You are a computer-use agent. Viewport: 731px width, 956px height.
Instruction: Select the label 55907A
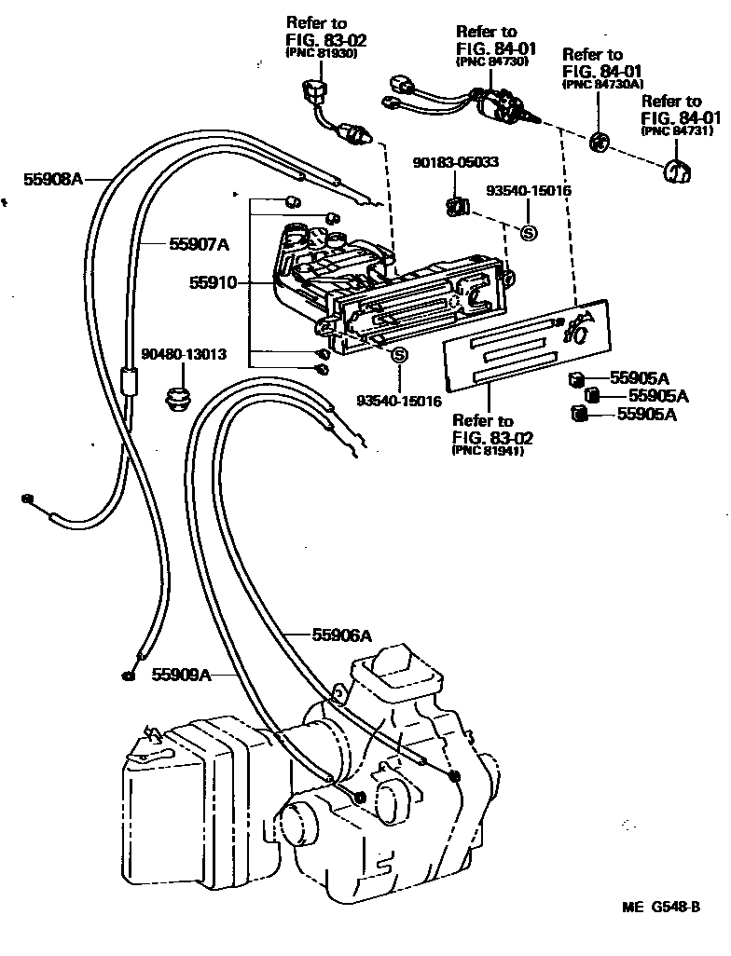pyautogui.click(x=199, y=244)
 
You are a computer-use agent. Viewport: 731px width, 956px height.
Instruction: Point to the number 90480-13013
pyautogui.click(x=185, y=354)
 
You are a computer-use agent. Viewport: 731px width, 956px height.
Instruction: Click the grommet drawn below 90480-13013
pyautogui.click(x=177, y=398)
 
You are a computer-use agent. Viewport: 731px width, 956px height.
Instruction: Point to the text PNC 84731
pyautogui.click(x=671, y=131)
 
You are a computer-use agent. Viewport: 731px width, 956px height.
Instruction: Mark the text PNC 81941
pyautogui.click(x=488, y=451)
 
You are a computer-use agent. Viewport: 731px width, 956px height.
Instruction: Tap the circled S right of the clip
pyautogui.click(x=528, y=233)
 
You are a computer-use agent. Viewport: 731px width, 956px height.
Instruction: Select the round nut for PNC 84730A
pyautogui.click(x=599, y=143)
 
